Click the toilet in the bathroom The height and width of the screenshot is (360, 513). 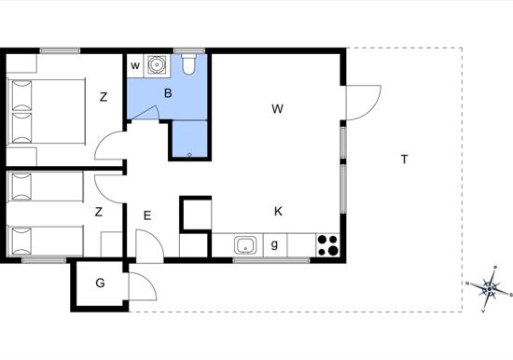(188, 63)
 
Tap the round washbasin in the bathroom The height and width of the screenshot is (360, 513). (157, 64)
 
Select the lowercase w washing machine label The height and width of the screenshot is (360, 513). (135, 66)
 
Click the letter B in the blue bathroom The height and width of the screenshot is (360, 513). (168, 93)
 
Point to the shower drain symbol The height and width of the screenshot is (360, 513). (189, 155)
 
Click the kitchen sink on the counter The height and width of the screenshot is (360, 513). (245, 245)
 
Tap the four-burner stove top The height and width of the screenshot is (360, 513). (328, 244)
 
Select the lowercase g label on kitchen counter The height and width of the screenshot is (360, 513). (274, 244)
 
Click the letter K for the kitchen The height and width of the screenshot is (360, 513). (278, 212)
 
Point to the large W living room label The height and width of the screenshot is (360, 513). (277, 109)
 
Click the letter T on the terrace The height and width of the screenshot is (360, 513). (405, 159)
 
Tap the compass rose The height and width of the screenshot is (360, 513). (489, 289)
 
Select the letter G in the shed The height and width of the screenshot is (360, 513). (100, 283)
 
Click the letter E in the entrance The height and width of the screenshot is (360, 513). (147, 215)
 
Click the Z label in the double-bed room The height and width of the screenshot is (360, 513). (104, 97)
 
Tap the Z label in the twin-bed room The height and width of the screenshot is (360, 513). (98, 212)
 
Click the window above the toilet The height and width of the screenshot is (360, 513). (189, 50)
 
